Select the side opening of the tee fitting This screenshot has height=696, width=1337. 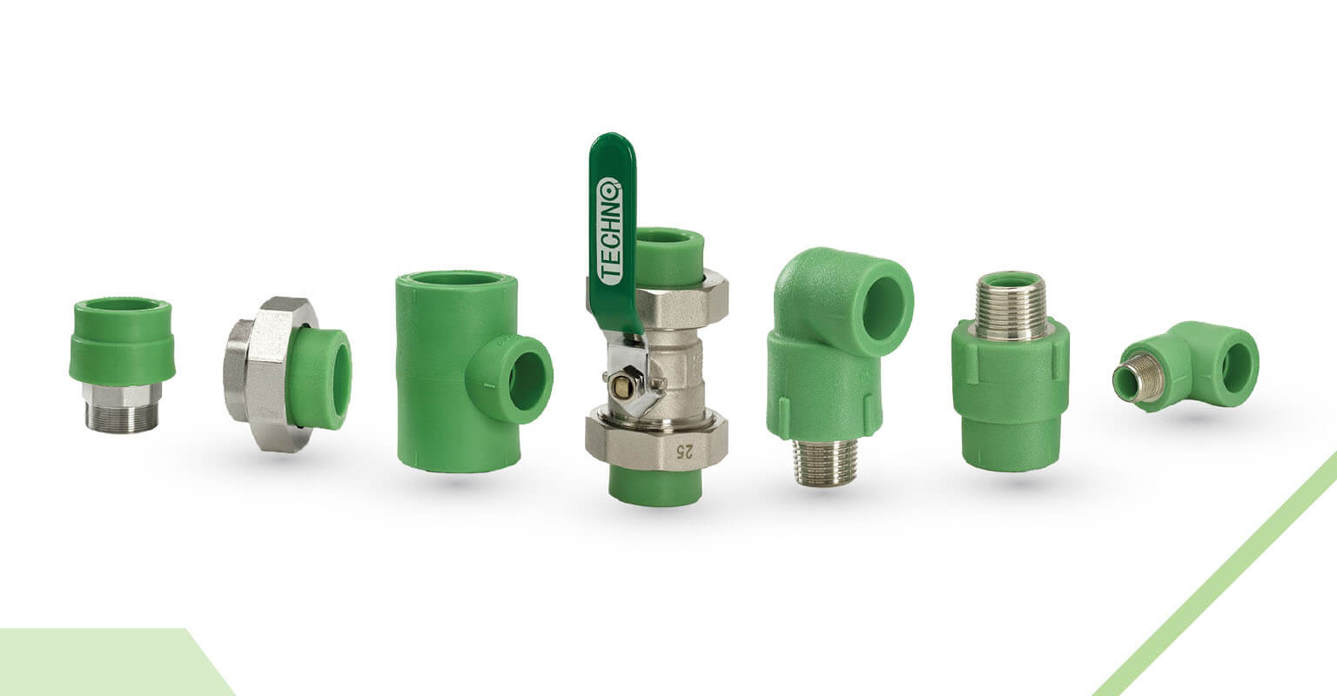coord(525,380)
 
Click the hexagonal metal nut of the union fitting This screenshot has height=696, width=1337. coord(265,373)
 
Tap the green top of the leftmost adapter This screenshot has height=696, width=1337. coord(122,340)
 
